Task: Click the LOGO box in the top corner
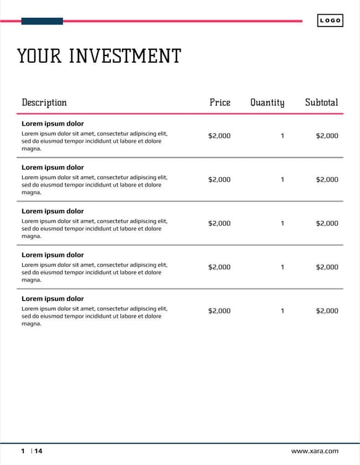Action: (330, 21)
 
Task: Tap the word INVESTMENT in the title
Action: (125, 56)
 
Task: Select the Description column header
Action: (44, 102)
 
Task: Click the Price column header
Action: (219, 102)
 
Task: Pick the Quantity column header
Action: (267, 102)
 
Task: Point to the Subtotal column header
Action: (321, 102)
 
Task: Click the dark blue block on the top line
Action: (42, 21)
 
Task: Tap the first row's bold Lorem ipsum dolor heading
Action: (52, 124)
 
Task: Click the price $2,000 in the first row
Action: (219, 135)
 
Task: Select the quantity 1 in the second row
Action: (282, 179)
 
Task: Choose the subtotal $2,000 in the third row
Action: (327, 223)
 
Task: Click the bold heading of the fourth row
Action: (52, 255)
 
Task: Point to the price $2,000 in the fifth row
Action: (219, 310)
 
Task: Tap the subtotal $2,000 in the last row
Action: (327, 310)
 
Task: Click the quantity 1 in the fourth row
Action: (282, 267)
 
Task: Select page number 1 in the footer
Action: (23, 451)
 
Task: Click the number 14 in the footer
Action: (38, 451)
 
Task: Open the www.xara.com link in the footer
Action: (314, 451)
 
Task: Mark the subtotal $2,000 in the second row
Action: (327, 179)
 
